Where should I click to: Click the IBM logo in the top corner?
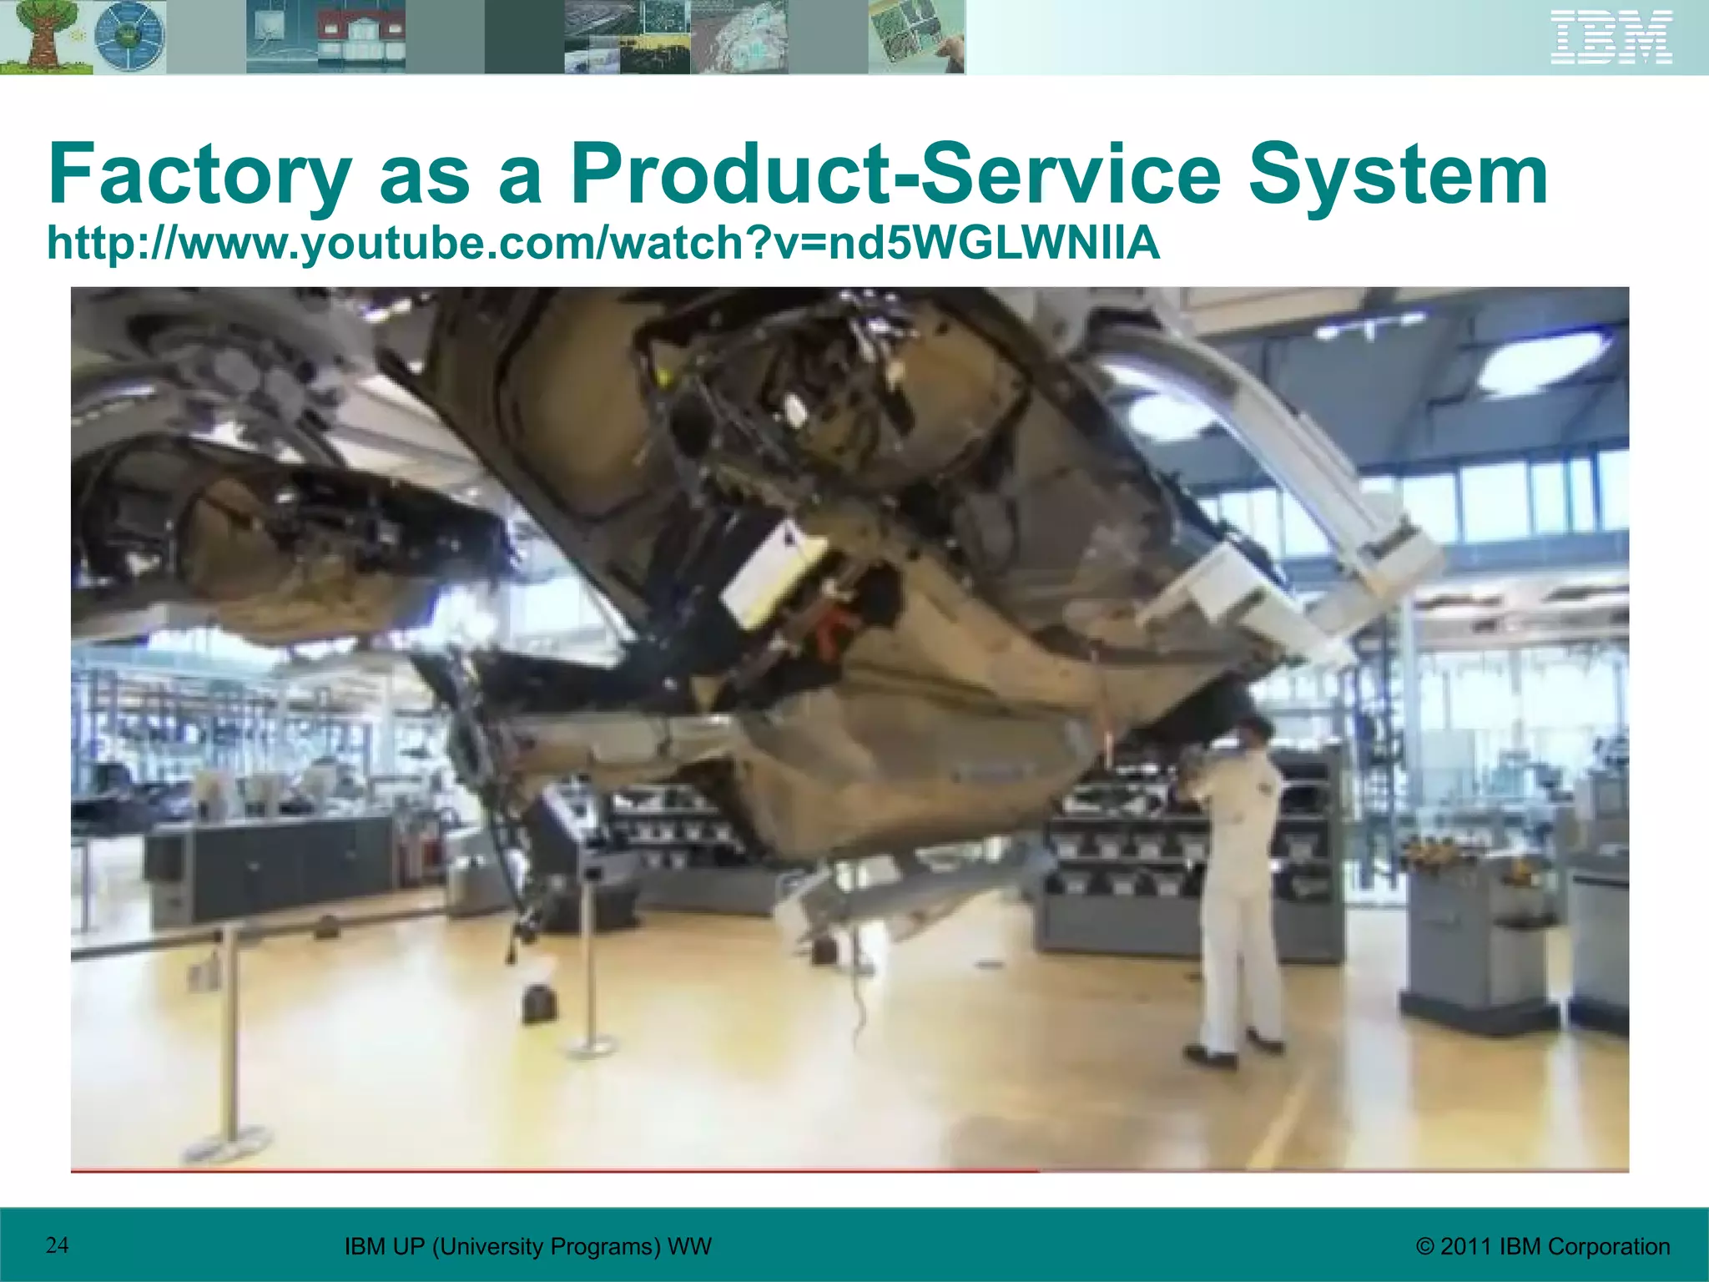pyautogui.click(x=1611, y=37)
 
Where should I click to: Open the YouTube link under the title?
pyautogui.click(x=603, y=243)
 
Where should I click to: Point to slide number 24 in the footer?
pyautogui.click(x=58, y=1245)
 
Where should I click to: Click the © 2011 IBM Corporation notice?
pyautogui.click(x=1543, y=1247)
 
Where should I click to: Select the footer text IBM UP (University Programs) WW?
pyautogui.click(x=528, y=1247)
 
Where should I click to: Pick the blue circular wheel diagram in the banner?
pyautogui.click(x=129, y=38)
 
